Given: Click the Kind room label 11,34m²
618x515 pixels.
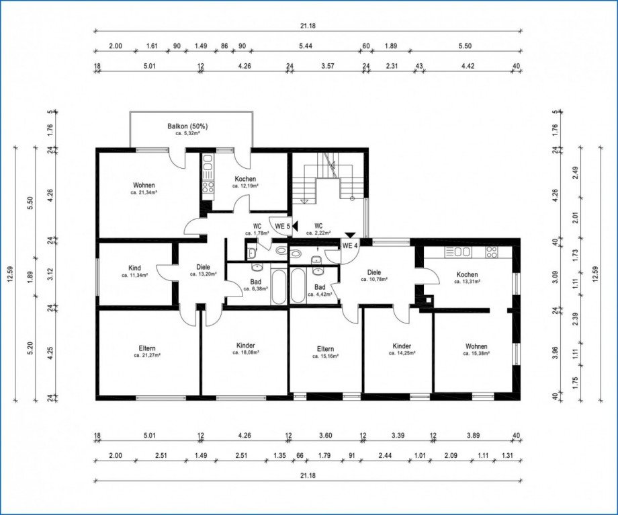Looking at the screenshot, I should click(134, 271).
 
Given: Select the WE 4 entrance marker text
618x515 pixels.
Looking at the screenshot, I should click(350, 245).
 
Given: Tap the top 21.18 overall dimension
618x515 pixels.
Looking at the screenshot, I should click(308, 26).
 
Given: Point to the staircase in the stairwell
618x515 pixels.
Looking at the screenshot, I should click(329, 178).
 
